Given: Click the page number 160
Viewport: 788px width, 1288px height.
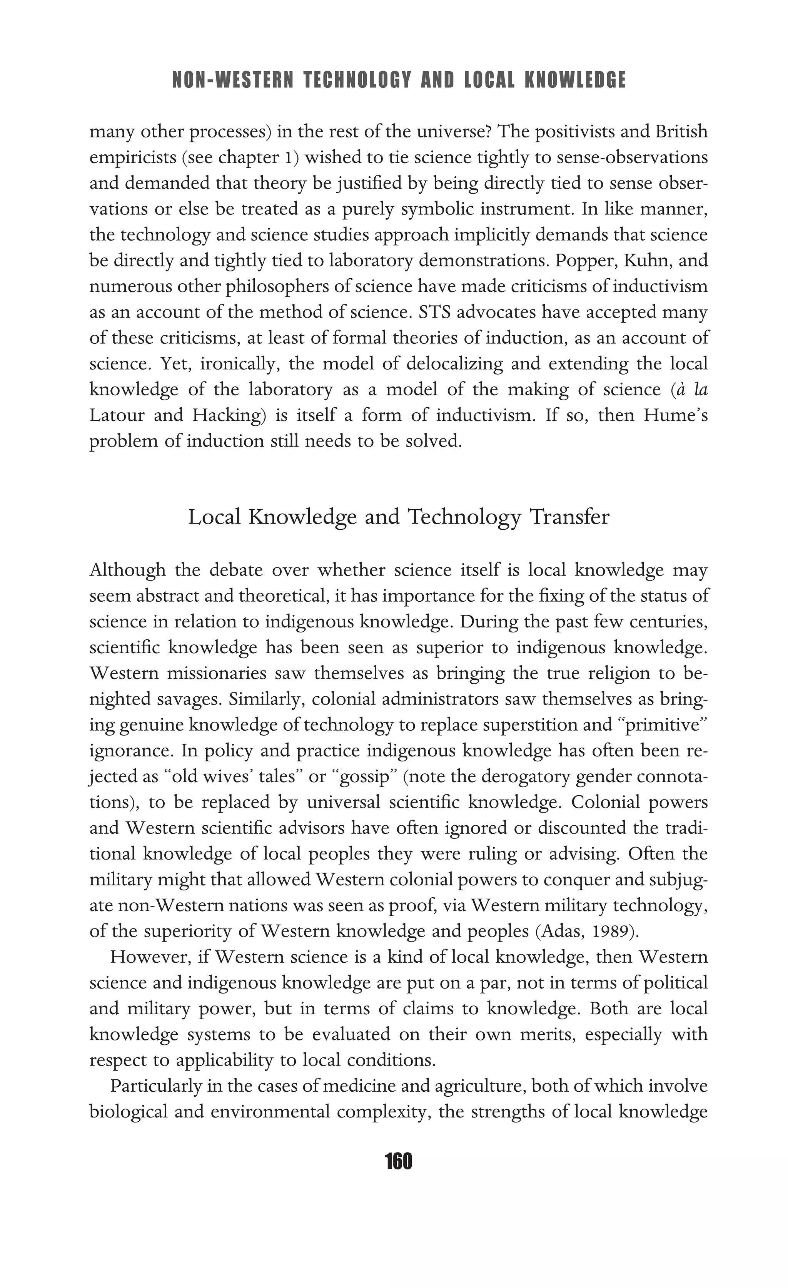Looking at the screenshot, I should coord(398,1161).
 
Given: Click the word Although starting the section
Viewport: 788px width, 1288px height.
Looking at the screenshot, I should coord(127,570).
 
